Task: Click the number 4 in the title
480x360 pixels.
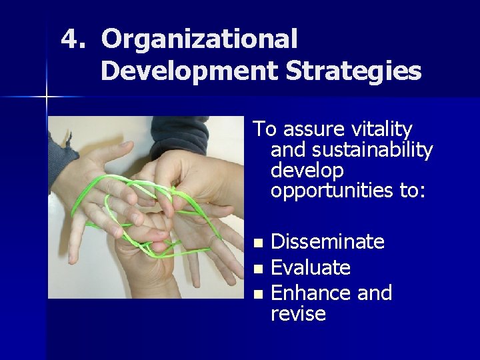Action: pos(70,39)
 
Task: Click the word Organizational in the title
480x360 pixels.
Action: pos(199,39)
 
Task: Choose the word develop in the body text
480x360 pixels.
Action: pos(307,171)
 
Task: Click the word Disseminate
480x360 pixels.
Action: pos(327,242)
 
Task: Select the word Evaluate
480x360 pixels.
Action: pos(311,268)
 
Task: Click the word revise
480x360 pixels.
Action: pos(298,314)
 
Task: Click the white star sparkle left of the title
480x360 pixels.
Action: pos(47,97)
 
